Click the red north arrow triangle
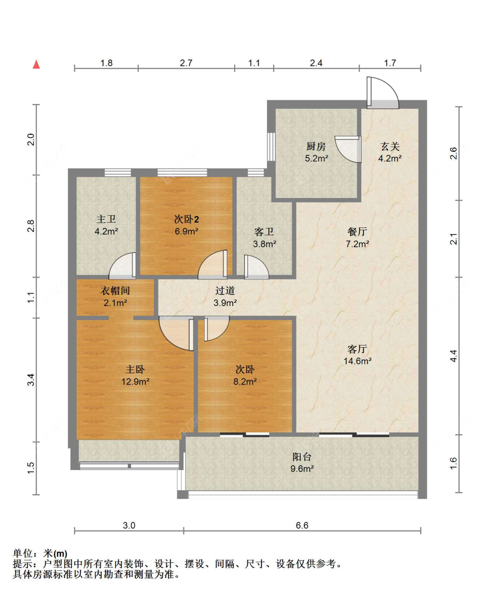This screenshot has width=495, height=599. [36, 64]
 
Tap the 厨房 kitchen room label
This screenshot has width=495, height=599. [316, 147]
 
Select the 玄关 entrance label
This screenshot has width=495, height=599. [390, 147]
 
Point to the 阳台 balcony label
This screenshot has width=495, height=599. [302, 457]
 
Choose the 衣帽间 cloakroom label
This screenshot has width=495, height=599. [115, 290]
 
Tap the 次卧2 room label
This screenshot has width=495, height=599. [187, 219]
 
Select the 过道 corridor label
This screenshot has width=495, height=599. [225, 290]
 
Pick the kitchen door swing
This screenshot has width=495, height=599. [348, 149]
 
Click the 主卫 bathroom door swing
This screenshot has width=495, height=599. [122, 266]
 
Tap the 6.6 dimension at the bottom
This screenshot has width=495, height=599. [302, 525]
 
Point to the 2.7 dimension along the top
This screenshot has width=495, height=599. [186, 63]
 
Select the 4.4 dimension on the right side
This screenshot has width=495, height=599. [453, 356]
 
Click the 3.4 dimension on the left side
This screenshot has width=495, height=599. [31, 380]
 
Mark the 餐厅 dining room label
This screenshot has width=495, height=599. [357, 232]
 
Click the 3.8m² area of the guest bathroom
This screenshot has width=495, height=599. [264, 244]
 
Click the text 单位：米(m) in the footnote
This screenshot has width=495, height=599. [40, 553]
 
